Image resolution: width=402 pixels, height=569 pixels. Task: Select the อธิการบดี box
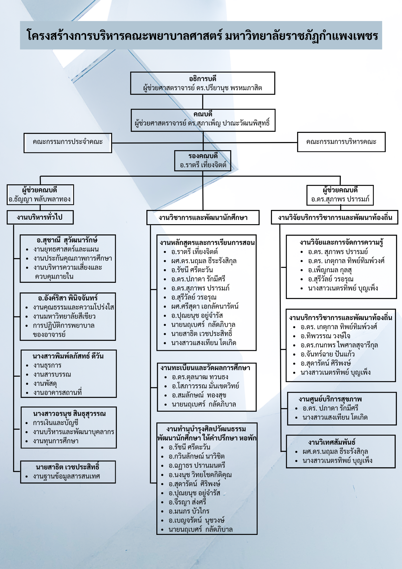click(203, 83)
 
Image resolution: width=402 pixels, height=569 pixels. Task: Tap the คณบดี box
click(203, 120)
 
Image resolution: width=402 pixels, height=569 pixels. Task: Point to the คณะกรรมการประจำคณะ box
click(68, 143)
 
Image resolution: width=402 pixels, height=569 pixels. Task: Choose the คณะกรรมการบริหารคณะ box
click(341, 142)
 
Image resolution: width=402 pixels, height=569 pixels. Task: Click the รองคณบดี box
click(203, 161)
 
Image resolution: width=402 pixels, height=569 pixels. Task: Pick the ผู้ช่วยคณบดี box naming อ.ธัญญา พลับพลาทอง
click(40, 195)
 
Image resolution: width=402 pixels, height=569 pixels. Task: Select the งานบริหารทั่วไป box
click(40, 217)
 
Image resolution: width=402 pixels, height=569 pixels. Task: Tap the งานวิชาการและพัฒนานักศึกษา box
click(203, 218)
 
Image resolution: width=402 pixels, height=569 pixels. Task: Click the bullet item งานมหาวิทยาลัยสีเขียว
click(64, 316)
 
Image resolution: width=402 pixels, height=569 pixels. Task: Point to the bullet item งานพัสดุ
click(45, 384)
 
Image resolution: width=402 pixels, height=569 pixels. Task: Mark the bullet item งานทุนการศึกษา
click(56, 441)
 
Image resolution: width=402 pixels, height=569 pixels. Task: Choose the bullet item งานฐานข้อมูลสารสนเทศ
click(67, 476)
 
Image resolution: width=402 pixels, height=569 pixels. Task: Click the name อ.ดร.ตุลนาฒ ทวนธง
click(200, 377)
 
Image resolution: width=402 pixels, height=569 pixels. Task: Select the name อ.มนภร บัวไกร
click(189, 511)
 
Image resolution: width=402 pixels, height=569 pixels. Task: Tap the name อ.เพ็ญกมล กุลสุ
click(330, 270)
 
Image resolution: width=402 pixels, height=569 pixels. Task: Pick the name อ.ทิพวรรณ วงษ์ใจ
click(325, 336)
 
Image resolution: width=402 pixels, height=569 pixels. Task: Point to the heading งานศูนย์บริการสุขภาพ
click(330, 399)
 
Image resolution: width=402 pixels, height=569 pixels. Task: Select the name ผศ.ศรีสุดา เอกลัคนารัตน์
click(205, 306)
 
